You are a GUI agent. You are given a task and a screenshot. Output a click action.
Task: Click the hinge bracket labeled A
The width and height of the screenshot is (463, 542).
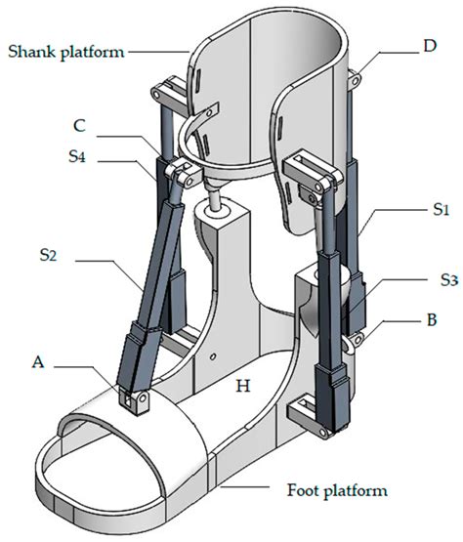[x=133, y=397]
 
